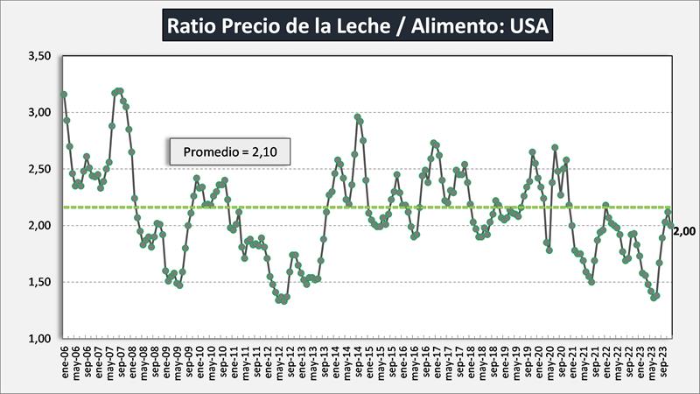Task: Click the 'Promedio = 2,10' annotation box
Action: [x=229, y=152]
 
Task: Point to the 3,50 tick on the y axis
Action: [x=40, y=56]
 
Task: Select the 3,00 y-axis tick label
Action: [x=40, y=112]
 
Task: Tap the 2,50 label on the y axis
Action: [x=40, y=169]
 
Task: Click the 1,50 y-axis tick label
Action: [x=40, y=282]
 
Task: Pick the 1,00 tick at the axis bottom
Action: [x=40, y=338]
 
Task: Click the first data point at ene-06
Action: [x=64, y=95]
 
